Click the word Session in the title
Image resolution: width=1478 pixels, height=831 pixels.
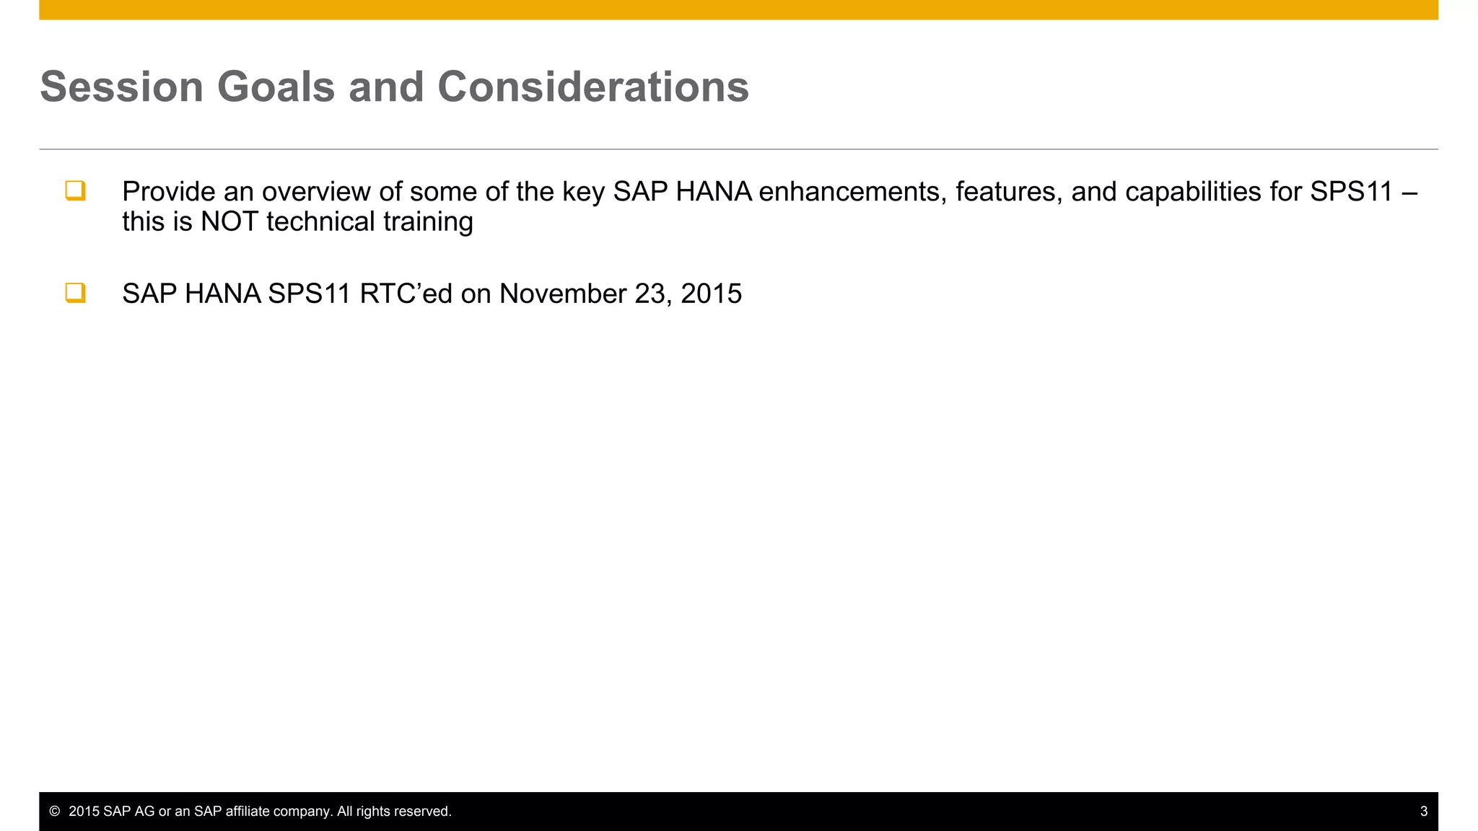point(122,87)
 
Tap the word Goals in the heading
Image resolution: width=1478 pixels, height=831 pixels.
point(276,87)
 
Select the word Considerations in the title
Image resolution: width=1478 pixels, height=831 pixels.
point(592,87)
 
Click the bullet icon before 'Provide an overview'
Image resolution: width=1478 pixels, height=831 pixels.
point(75,190)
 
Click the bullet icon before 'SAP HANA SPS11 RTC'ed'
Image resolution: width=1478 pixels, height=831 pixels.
point(75,293)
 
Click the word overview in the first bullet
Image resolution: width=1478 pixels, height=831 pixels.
point(315,192)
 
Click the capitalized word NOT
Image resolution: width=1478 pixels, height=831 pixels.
point(229,221)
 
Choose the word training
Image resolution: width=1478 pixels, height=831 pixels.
point(428,221)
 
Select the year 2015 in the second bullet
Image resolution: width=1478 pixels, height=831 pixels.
point(711,294)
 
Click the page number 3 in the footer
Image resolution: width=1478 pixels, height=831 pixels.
point(1423,812)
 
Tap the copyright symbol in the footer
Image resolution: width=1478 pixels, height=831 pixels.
point(54,812)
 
